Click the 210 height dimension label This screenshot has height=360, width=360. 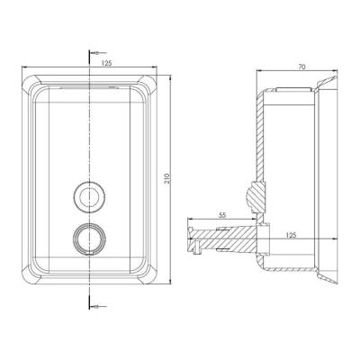(168, 179)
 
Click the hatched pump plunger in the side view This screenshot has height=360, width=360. (225, 238)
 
